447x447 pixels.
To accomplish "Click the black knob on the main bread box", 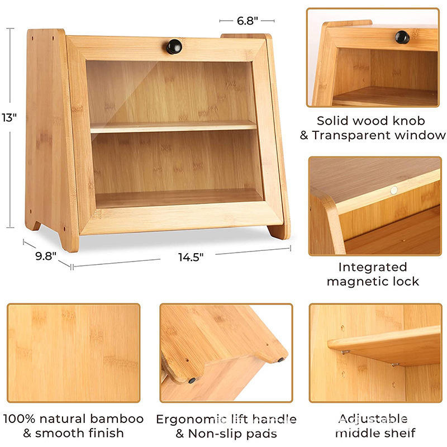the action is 174,46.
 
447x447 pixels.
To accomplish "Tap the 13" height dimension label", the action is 9,117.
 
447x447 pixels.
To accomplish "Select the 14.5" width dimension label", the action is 191,258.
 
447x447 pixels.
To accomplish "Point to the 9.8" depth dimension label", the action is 46,256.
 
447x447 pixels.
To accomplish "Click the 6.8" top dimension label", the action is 247,21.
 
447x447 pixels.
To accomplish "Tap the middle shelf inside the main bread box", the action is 173,127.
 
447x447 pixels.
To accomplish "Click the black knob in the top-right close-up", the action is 402,37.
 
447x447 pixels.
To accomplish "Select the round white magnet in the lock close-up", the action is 394,190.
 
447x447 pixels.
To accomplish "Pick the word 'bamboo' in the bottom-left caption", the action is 117,419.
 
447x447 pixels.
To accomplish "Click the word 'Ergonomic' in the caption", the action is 189,420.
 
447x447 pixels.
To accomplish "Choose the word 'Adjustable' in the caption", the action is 373,419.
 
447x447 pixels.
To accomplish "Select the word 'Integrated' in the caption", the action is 373,268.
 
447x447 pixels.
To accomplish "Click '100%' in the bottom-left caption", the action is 19,419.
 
